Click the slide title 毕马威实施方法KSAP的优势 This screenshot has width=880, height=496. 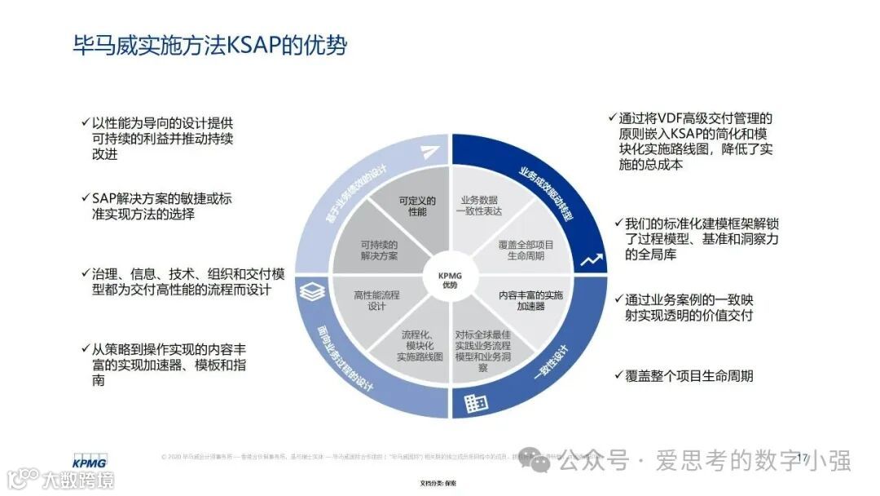pos(210,45)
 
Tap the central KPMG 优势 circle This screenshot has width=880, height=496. pos(450,280)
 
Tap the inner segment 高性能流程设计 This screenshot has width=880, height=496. pos(376,301)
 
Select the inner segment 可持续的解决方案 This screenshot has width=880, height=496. pos(379,250)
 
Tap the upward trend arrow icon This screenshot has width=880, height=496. pos(592,261)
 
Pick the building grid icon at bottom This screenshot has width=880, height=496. pos(475,402)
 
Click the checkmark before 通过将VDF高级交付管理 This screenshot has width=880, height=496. pos(612,119)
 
